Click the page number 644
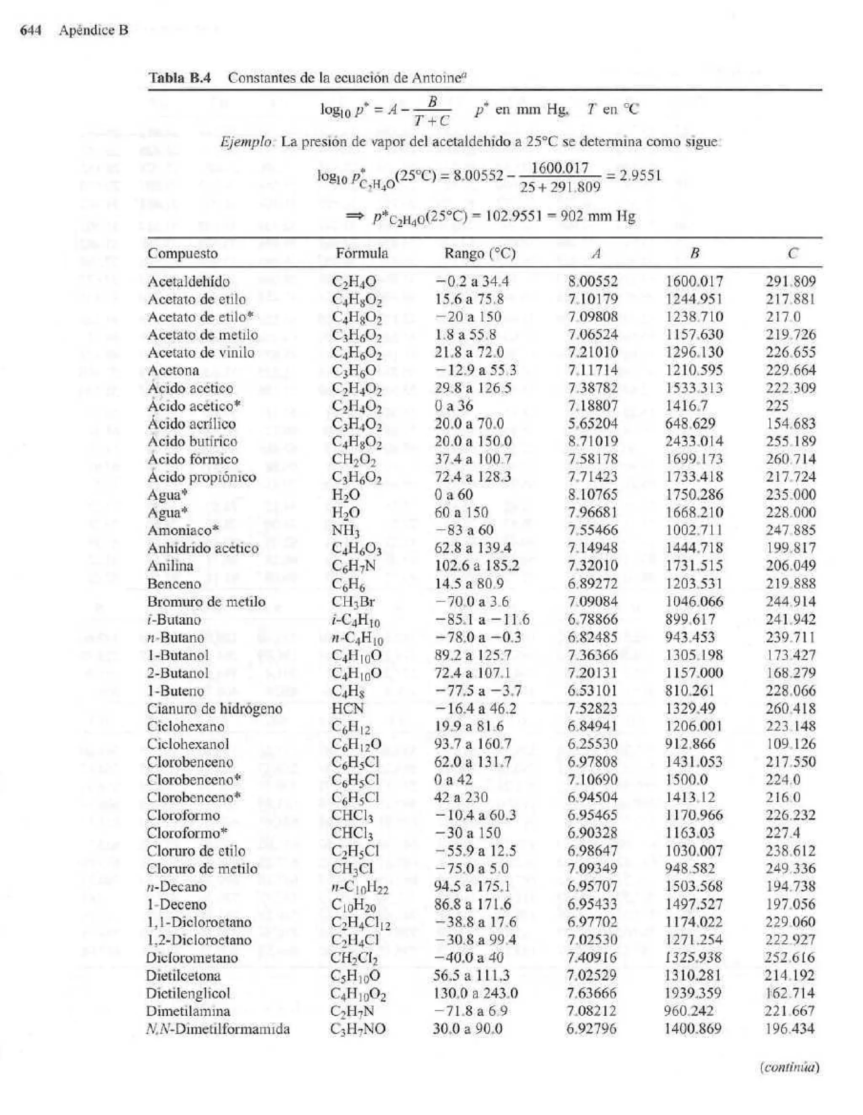(30, 31)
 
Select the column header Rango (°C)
(479, 254)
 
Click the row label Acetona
(173, 370)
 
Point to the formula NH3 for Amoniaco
(346, 531)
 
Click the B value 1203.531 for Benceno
(694, 583)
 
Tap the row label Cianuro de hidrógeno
(214, 709)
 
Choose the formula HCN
(348, 709)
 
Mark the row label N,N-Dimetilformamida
(218, 1029)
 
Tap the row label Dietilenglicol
(188, 994)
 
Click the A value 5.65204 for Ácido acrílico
(592, 424)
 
